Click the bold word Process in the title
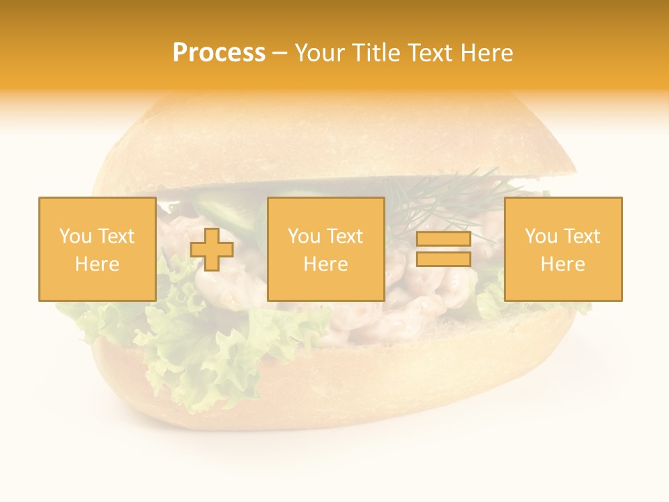point(219,53)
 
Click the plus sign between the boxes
point(212,250)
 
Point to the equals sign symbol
point(443,249)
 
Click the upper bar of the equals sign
point(443,239)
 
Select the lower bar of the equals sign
point(443,259)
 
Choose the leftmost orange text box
point(97,249)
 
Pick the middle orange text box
point(325,249)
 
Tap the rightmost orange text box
point(563,249)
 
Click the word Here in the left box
point(97,264)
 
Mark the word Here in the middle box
point(325,264)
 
